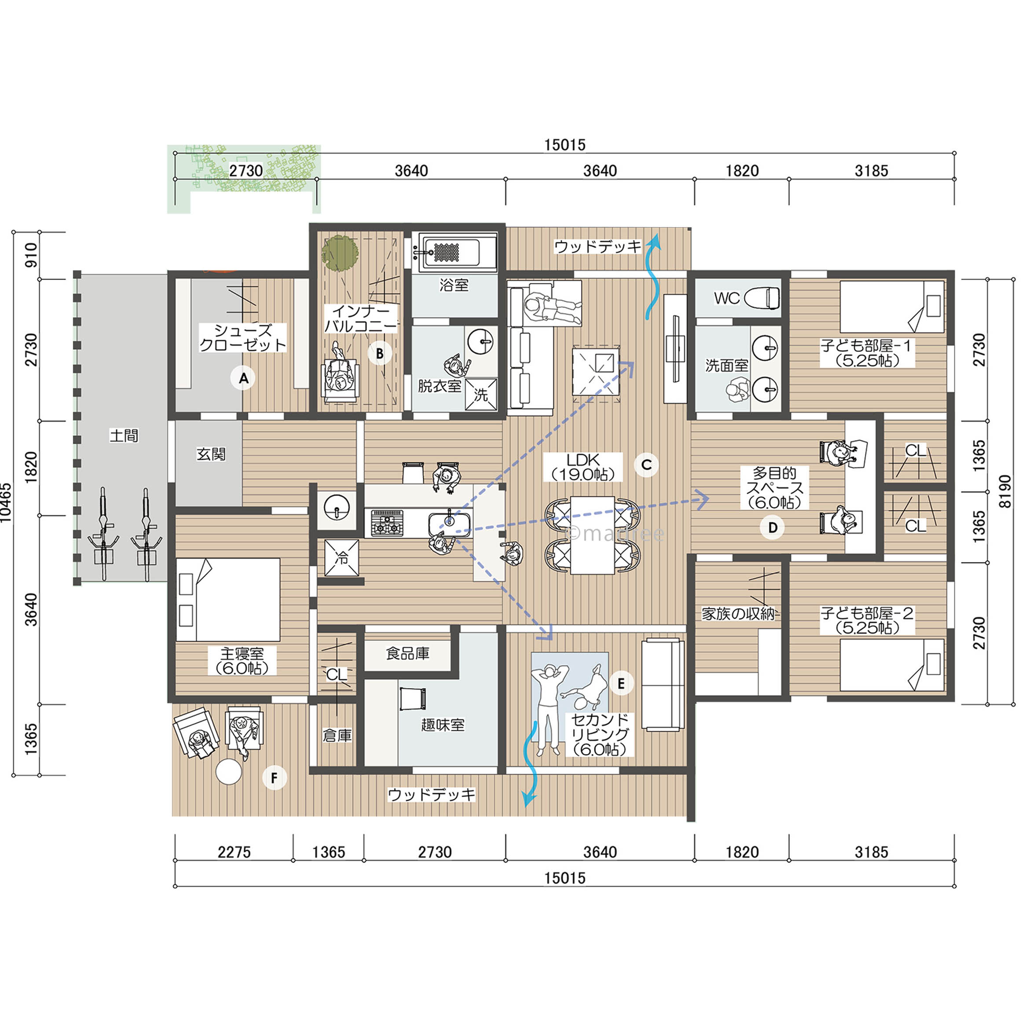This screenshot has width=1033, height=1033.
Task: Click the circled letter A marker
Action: (243, 378)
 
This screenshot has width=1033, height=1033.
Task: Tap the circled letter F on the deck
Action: (274, 777)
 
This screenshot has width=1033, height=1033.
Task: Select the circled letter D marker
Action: (773, 528)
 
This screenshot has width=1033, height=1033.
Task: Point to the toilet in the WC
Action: (762, 298)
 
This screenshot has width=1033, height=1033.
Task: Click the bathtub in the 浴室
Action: (458, 251)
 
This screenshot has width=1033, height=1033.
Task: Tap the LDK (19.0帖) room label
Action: (583, 467)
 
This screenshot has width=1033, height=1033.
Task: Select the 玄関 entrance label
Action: (211, 454)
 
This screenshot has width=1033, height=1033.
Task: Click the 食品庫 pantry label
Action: (407, 653)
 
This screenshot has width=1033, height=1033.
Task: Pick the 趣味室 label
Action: (443, 725)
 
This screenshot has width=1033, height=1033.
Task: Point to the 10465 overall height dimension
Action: (6, 502)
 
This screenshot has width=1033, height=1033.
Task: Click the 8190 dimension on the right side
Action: (1005, 491)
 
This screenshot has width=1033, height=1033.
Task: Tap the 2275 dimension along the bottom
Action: (234, 852)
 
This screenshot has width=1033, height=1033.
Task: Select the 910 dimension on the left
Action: (32, 255)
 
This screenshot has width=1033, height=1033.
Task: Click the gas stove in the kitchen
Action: (387, 523)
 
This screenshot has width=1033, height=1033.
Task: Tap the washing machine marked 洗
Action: (481, 395)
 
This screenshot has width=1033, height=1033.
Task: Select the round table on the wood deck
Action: (228, 772)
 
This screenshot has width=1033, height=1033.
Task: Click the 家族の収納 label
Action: (738, 614)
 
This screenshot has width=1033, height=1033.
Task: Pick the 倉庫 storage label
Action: (337, 736)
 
